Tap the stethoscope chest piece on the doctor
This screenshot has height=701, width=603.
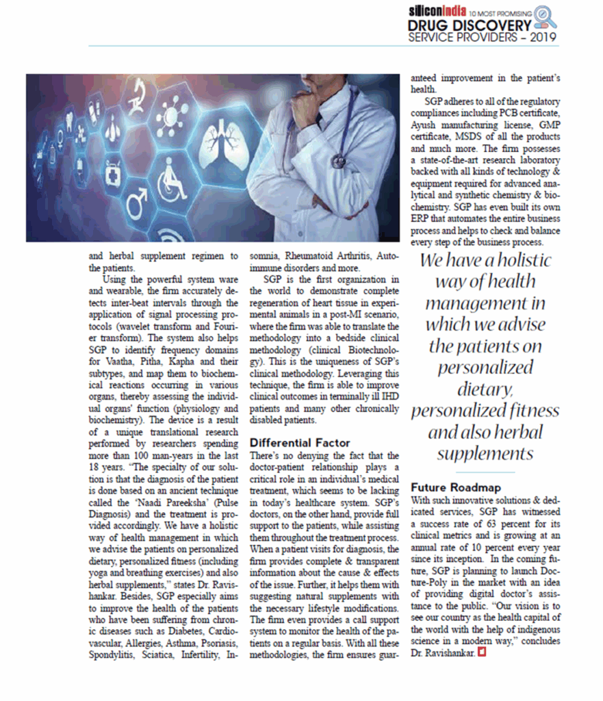(x=339, y=162)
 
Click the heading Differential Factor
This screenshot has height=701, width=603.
(x=300, y=443)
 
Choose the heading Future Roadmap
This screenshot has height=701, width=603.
(x=456, y=487)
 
